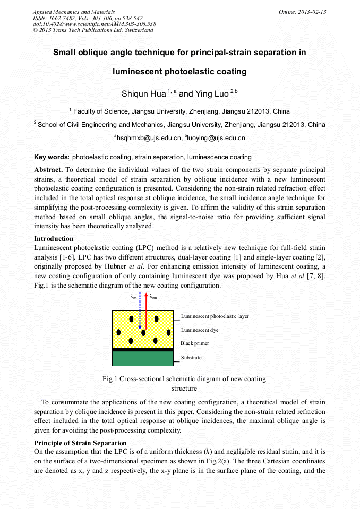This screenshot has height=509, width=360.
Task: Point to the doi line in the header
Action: [94, 24]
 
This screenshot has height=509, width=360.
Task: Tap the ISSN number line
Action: [87, 18]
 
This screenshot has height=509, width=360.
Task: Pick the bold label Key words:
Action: [52, 157]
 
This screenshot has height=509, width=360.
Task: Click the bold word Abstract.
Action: [48, 170]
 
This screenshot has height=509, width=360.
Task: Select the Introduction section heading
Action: [54, 239]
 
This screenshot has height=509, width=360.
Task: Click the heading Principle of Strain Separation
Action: [80, 443]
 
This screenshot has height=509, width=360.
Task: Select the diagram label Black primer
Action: [195, 343]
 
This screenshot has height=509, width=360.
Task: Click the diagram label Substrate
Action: [191, 358]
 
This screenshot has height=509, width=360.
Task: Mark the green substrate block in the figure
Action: [143, 359]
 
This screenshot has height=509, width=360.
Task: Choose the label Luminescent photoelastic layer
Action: [215, 316]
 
